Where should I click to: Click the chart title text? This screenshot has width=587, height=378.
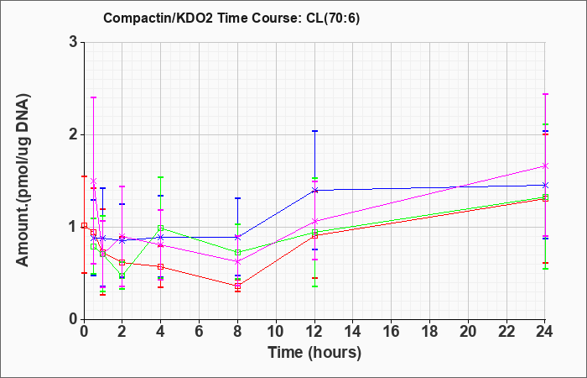231,18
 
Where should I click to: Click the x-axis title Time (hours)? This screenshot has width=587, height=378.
314,353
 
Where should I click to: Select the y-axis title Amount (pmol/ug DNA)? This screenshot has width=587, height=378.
23,180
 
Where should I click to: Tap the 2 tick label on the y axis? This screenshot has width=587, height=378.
73,134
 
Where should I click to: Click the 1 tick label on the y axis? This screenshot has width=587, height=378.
73,227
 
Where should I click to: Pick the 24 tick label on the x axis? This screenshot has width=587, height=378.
544,332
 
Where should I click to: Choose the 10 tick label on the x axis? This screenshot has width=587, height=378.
276,332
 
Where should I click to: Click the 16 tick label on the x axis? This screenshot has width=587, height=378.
392,332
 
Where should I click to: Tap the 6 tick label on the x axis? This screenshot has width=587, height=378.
200,332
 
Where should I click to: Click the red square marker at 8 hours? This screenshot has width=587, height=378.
237,286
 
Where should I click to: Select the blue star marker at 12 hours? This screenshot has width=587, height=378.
314,190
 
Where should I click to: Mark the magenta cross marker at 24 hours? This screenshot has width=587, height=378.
545,165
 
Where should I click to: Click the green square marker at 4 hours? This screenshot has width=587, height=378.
161,228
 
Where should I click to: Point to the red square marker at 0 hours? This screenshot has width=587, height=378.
84,225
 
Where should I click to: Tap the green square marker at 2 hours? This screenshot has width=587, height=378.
122,276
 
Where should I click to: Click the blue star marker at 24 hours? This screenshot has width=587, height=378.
545,186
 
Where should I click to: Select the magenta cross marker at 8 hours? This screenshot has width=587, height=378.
237,262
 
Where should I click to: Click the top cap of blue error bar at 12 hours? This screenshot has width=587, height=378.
314,131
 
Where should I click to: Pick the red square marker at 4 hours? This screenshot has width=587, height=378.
161,266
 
